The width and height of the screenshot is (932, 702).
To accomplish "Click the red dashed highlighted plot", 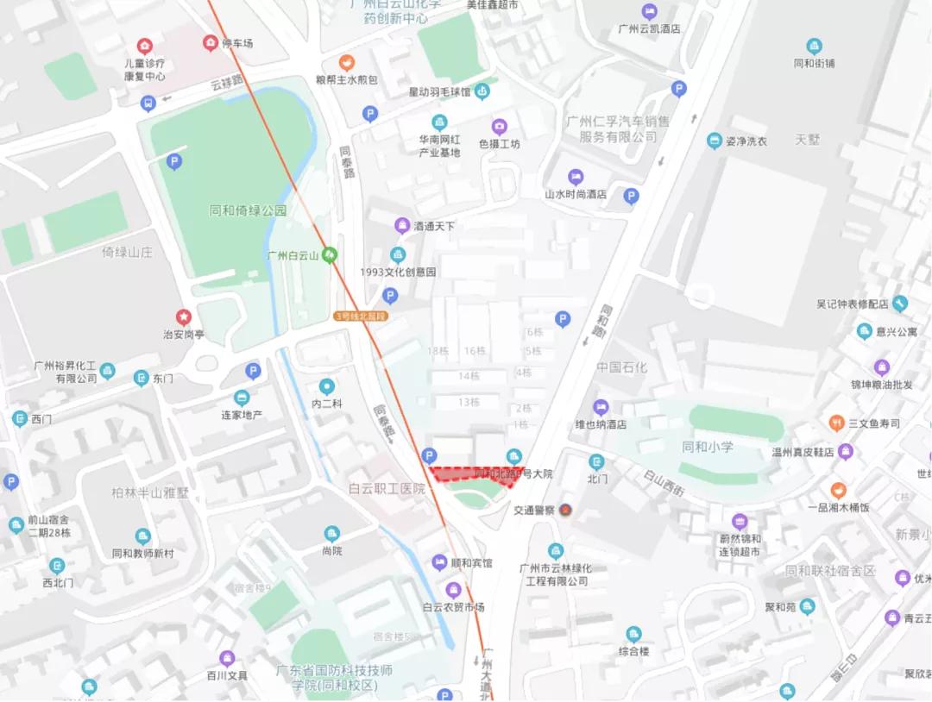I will click(x=475, y=474).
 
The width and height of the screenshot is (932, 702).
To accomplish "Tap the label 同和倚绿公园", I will click(x=248, y=210).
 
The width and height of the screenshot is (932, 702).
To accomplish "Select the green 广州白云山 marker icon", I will click(x=329, y=255).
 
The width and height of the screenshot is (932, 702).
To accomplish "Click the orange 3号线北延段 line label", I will click(x=361, y=317).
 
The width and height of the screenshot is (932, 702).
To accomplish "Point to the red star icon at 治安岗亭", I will click(x=183, y=317).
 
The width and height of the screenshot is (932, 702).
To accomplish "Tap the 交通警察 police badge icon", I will click(x=565, y=510).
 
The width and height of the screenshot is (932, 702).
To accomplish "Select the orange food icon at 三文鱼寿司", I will click(x=835, y=423).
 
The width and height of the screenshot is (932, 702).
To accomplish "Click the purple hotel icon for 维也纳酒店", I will click(x=601, y=407).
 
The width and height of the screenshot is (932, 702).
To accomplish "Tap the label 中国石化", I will click(x=621, y=367).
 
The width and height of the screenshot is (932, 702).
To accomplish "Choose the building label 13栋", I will click(x=469, y=402).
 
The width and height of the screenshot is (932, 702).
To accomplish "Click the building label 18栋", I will click(x=438, y=351).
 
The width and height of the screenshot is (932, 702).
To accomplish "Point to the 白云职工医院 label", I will click(x=387, y=489).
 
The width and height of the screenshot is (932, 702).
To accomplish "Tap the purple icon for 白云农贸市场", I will click(x=454, y=590).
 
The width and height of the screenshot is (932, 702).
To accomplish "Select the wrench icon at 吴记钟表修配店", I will click(x=901, y=304).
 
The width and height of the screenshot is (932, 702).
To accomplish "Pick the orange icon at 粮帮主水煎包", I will click(x=346, y=62).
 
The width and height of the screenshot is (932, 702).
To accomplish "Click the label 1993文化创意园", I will click(x=398, y=272).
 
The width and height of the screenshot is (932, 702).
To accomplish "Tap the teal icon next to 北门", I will click(x=596, y=462).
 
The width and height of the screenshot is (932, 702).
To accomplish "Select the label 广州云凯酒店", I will click(x=649, y=28).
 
